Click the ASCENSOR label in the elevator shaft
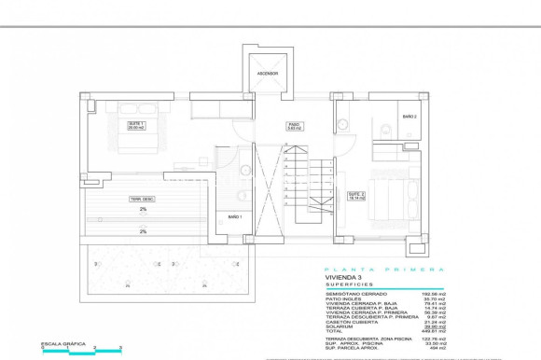point(268,73)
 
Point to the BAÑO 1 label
point(235,216)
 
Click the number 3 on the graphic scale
point(121,346)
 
